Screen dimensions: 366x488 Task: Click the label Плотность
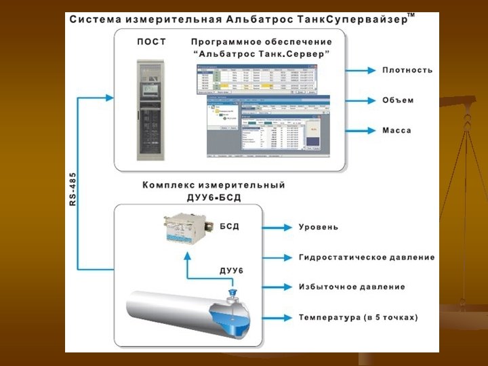point(407,70)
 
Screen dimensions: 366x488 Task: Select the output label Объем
point(397,100)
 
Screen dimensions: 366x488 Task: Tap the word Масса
point(396,130)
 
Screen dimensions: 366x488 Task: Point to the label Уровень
point(318,227)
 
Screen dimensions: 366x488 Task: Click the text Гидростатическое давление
point(367,258)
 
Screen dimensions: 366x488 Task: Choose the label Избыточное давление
point(352,287)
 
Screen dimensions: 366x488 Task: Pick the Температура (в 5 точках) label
point(358,317)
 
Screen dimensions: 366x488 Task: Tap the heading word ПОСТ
point(151,42)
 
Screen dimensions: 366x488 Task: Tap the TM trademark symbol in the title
point(411,15)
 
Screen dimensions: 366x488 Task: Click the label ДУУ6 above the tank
point(231,271)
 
